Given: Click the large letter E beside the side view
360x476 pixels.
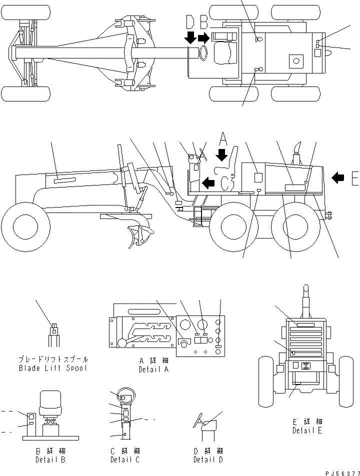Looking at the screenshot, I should coord(354,178).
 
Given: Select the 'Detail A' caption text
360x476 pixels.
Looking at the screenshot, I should coord(153,369).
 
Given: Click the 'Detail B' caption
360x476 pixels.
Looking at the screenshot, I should coord(49,459).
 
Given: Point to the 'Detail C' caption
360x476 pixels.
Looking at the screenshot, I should coord(125,459).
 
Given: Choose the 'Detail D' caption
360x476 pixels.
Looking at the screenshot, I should coord(208,459).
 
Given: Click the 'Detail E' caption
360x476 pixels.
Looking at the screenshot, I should coord(307,429).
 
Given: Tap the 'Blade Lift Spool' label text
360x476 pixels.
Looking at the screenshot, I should coord(53,368).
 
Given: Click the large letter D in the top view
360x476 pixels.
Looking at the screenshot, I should coord(190,22).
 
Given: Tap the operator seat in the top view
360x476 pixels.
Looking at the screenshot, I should coord(225,53).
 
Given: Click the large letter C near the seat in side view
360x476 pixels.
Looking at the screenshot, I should coord(226,183).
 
